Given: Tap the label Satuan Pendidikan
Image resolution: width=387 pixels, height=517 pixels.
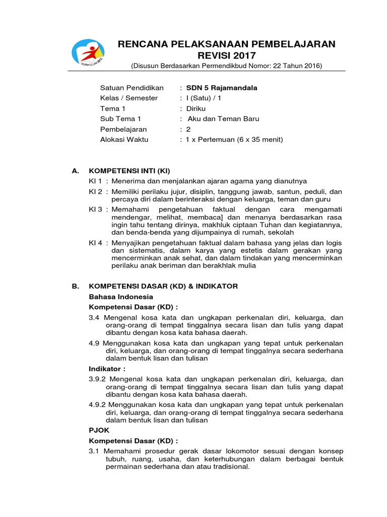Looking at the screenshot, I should click(132, 88).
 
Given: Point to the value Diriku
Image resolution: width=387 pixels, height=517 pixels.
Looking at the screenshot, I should click(196, 109).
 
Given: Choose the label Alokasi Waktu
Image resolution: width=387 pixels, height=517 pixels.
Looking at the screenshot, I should click(128, 139).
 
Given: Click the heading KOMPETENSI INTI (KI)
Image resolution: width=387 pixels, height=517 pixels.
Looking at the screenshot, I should click(133, 171).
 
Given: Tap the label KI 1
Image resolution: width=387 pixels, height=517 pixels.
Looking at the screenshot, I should click(96, 181).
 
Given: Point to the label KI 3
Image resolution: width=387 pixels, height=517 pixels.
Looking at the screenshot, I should click(96, 209).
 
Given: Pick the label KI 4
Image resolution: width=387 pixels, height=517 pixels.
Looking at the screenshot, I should click(96, 243).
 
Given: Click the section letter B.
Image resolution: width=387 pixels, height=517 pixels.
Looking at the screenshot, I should click(75, 286).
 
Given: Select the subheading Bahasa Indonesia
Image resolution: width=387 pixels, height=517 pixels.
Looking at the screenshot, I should click(121, 296).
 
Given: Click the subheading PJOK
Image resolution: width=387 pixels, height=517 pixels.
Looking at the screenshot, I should click(99, 430).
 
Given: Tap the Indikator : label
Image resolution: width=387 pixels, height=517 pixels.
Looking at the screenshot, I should click(107, 369).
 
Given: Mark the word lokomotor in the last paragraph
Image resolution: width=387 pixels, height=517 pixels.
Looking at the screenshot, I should click(227, 450).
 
